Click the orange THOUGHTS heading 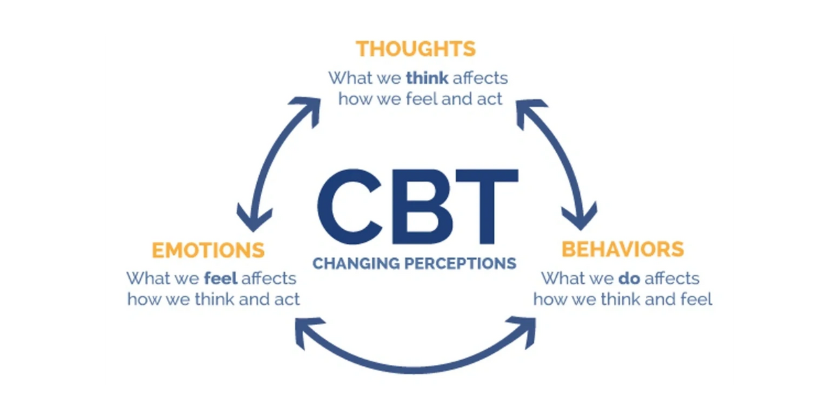(415, 49)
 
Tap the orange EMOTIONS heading (208, 250)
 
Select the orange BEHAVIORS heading (623, 249)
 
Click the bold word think (427, 78)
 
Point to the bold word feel (221, 278)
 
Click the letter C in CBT (350, 207)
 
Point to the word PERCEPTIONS (461, 264)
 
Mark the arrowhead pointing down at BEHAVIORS (580, 218)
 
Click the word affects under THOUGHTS (480, 78)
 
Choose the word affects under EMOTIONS (269, 278)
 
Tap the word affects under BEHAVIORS (672, 278)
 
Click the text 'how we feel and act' (420, 99)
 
